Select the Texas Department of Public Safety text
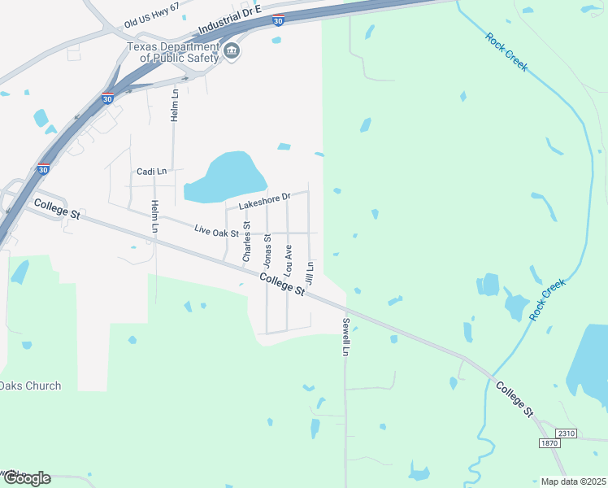[173, 53]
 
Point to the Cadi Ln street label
[151, 172]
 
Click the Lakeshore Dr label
[264, 200]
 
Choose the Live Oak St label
[217, 232]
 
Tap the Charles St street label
[246, 242]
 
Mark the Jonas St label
[267, 250]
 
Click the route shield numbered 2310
[566, 434]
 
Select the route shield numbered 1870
[549, 442]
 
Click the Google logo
[26, 478]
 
